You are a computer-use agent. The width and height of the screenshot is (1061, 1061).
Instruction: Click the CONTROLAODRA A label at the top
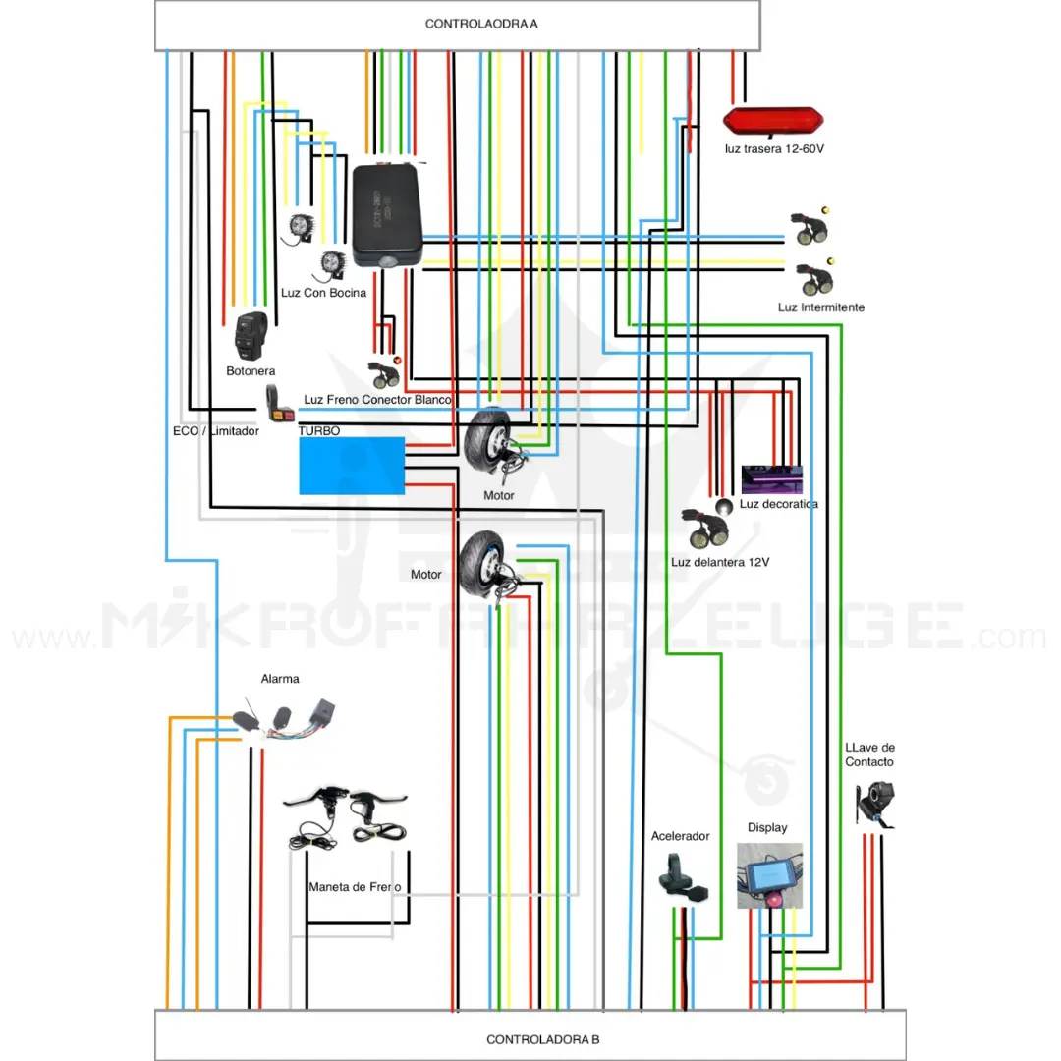(x=481, y=24)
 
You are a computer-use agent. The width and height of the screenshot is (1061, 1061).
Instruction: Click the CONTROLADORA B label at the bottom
(x=535, y=1039)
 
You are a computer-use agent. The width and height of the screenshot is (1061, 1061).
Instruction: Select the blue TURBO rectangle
(x=352, y=465)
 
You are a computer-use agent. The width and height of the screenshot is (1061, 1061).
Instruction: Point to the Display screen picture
(x=769, y=875)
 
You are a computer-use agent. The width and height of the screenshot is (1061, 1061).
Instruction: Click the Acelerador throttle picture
(x=677, y=874)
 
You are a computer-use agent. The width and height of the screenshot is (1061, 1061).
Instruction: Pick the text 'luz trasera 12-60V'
(x=774, y=149)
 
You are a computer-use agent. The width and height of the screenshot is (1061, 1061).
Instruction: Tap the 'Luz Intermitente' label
(x=820, y=307)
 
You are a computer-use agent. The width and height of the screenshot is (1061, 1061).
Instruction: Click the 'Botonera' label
(x=251, y=371)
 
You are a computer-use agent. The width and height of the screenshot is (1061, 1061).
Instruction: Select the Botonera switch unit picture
(x=252, y=337)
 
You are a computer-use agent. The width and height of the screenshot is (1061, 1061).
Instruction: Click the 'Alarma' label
(x=280, y=679)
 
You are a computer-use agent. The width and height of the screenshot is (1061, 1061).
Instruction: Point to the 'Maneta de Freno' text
(x=355, y=887)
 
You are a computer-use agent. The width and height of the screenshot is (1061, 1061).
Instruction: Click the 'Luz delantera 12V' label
(x=719, y=563)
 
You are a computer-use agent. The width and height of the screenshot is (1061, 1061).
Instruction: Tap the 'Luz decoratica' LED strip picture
(x=771, y=479)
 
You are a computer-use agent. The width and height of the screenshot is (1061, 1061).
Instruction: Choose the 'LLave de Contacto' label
(x=869, y=754)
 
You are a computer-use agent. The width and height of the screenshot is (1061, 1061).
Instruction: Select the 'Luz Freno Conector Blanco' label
(x=377, y=400)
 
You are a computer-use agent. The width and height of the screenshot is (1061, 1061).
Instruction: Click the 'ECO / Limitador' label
(x=215, y=430)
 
